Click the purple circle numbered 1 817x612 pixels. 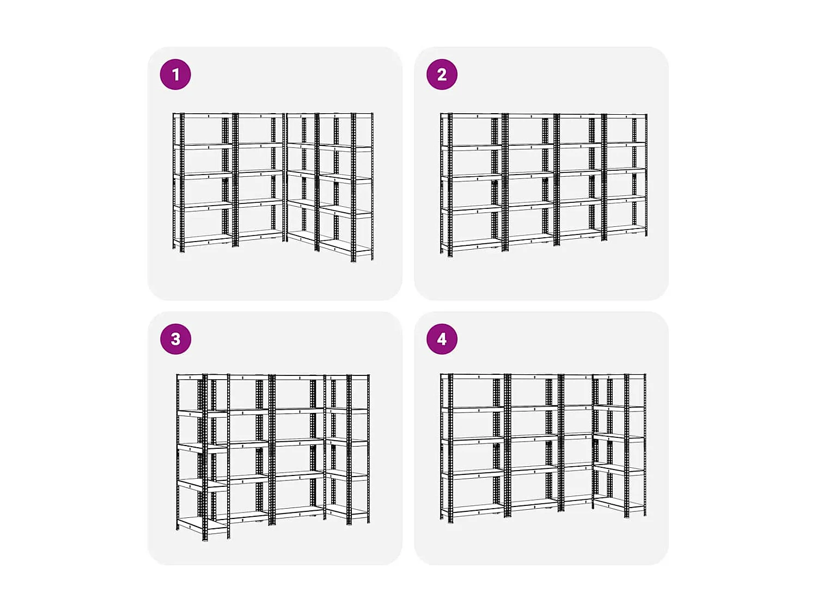(x=175, y=75)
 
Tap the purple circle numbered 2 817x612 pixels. (x=442, y=75)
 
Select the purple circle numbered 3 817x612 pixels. (x=175, y=339)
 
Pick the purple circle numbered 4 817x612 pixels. (x=442, y=339)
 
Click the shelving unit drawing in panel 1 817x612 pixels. (x=273, y=185)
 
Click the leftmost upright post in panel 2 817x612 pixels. (x=442, y=183)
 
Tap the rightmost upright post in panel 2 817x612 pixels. (x=646, y=175)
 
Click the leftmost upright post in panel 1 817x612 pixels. (x=174, y=181)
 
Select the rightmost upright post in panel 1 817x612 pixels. (x=373, y=186)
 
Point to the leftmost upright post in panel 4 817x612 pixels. (x=442, y=446)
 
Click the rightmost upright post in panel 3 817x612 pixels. (x=369, y=448)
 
